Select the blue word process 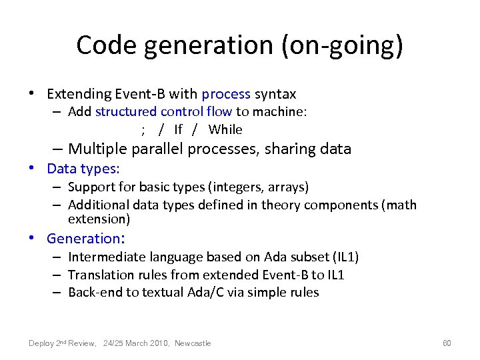[226, 95]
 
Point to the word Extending [76, 95]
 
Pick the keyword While [225, 129]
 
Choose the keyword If [178, 129]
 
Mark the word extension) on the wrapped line [99, 219]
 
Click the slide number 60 [447, 343]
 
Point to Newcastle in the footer [193, 343]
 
